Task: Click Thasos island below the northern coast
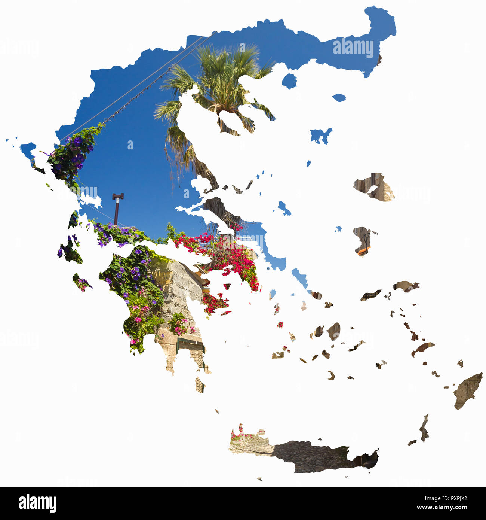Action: [x=289, y=81]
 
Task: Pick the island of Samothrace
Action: [x=339, y=98]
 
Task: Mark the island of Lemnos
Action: [x=320, y=136]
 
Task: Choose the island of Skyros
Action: [x=284, y=208]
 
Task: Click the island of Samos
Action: [x=406, y=286]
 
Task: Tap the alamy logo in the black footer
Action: [x=37, y=503]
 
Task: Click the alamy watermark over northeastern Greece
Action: [x=353, y=48]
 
